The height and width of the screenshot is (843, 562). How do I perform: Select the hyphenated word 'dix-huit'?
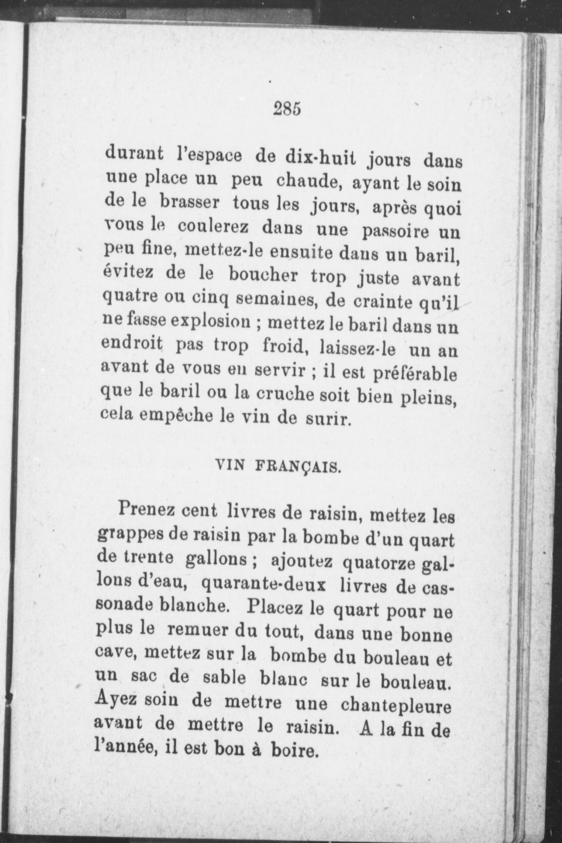point(319,157)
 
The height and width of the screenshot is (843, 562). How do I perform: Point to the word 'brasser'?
point(189,203)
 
